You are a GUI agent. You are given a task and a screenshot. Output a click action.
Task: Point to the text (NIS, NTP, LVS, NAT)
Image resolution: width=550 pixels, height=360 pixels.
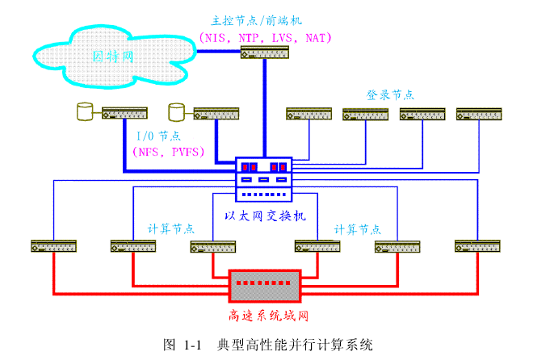point(265,36)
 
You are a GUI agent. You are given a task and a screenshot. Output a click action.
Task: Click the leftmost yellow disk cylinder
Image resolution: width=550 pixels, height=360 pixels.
point(82,111)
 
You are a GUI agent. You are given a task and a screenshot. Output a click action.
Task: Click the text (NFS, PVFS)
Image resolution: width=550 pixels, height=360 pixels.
point(168,151)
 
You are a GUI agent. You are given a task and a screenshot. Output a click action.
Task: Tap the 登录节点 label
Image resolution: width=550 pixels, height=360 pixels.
point(390,94)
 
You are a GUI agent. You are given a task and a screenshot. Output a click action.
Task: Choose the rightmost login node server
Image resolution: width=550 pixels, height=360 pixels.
point(479,114)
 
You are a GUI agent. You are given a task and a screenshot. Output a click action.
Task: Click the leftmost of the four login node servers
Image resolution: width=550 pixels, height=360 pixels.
point(309,114)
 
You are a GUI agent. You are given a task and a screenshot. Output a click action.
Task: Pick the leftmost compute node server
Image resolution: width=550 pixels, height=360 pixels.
point(53,245)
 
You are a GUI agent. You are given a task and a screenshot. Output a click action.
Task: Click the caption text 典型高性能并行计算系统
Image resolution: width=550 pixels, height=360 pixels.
point(295,345)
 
